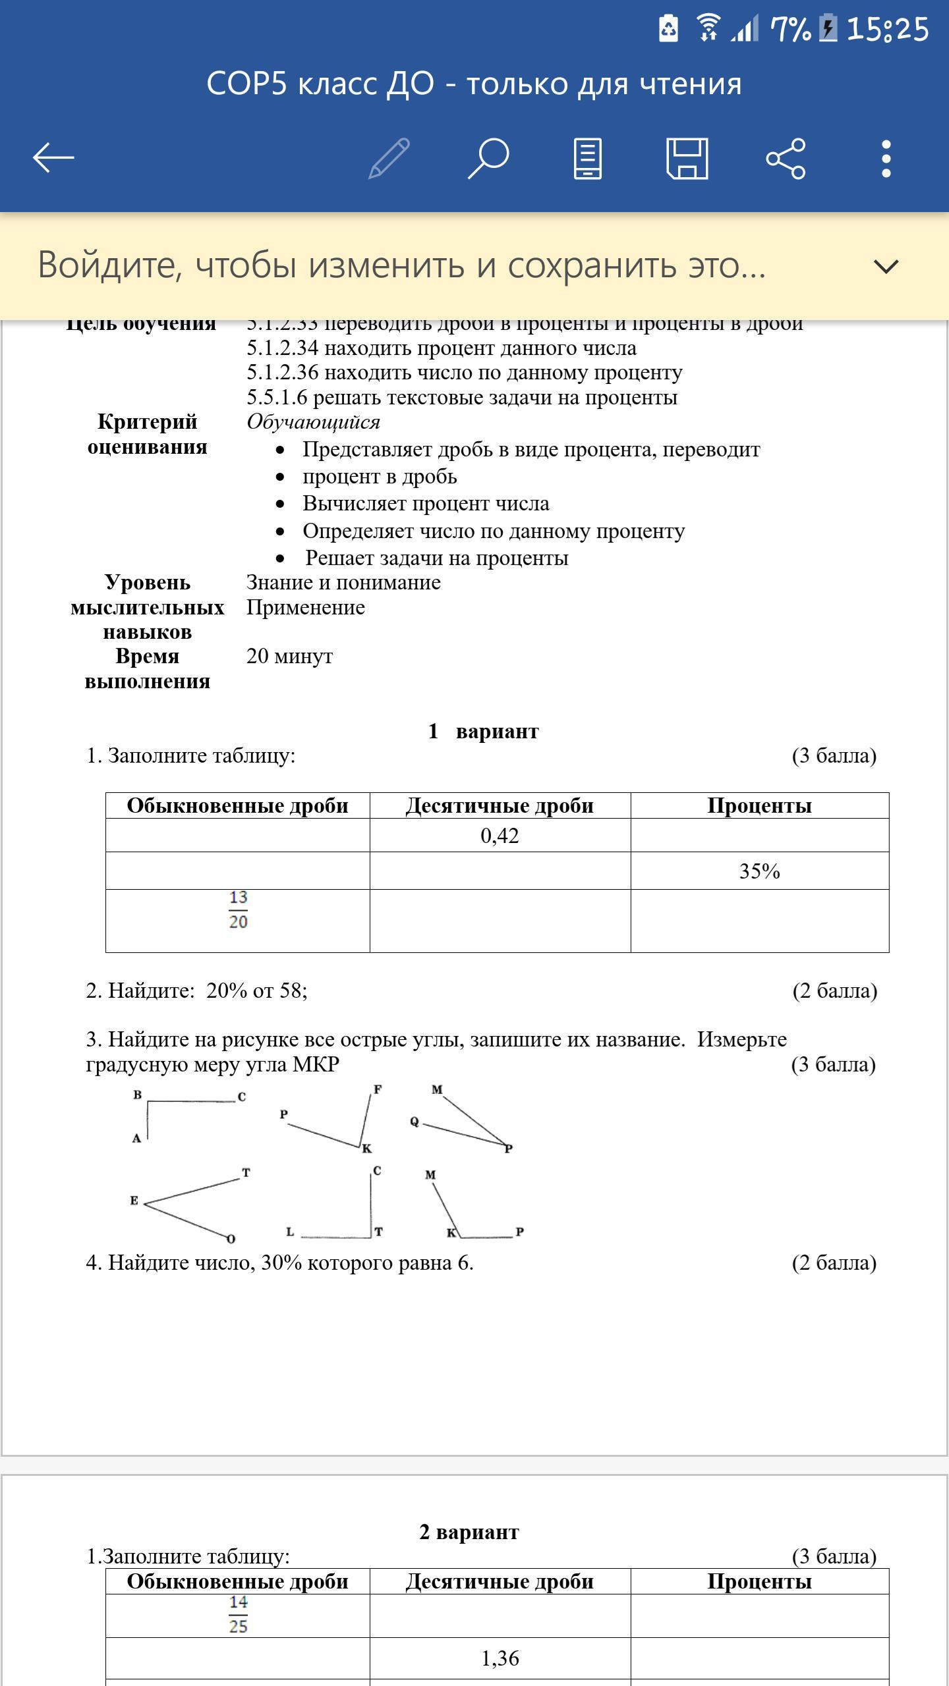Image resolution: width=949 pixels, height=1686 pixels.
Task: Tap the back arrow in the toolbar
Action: pyautogui.click(x=53, y=158)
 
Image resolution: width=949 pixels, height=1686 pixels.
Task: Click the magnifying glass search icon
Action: pyautogui.click(x=488, y=158)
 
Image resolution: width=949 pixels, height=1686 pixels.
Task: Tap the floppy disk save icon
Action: pyautogui.click(x=687, y=158)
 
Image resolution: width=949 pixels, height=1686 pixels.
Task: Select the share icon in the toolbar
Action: pyautogui.click(x=786, y=158)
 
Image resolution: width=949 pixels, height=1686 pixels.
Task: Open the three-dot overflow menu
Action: pyautogui.click(x=886, y=158)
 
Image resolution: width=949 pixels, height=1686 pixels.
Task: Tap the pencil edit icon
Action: pyautogui.click(x=389, y=158)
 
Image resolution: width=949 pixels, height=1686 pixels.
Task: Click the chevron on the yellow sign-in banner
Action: pyautogui.click(x=885, y=266)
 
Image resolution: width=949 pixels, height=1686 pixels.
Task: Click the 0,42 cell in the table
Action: pyautogui.click(x=500, y=836)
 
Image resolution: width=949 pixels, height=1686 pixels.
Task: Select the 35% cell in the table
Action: pyautogui.click(x=759, y=871)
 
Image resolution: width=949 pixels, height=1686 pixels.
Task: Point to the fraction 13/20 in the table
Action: pyautogui.click(x=238, y=910)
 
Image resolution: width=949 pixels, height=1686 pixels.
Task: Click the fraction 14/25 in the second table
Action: pyautogui.click(x=238, y=1614)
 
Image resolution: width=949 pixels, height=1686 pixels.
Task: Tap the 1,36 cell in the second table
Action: pyautogui.click(x=500, y=1658)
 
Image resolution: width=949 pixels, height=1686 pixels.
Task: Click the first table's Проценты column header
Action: pyautogui.click(x=759, y=806)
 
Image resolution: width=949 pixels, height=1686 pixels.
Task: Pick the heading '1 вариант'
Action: pyautogui.click(x=483, y=731)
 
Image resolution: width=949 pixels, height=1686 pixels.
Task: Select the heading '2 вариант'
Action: pyautogui.click(x=469, y=1532)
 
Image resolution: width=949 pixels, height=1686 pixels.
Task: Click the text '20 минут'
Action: pyautogui.click(x=289, y=656)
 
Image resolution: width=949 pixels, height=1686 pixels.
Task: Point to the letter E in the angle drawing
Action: pyautogui.click(x=134, y=1201)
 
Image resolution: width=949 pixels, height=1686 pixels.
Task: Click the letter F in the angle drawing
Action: pyautogui.click(x=378, y=1089)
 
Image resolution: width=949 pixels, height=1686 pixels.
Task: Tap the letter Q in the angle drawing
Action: pyautogui.click(x=415, y=1122)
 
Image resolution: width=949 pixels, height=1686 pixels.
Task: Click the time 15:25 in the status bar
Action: pyautogui.click(x=887, y=30)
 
